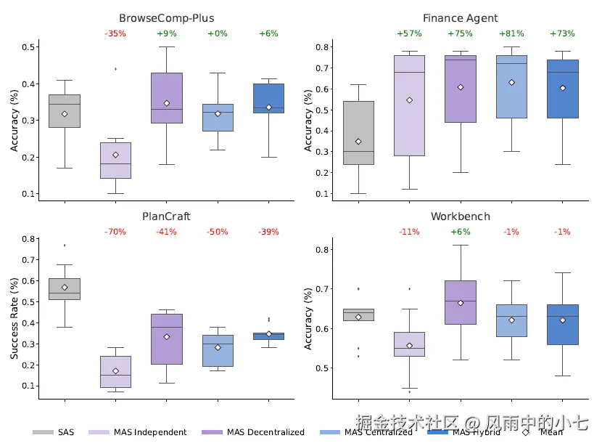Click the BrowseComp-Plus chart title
[166, 18]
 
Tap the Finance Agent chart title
[460, 18]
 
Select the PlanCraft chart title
[166, 216]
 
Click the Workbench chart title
[460, 216]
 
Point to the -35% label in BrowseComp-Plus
[115, 34]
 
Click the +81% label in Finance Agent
[511, 34]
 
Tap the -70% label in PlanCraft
[115, 232]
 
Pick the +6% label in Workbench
[460, 232]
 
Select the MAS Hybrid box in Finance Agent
[562, 89]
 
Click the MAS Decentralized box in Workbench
[460, 302]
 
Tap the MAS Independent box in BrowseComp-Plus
[115, 161]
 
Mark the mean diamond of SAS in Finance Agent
[358, 142]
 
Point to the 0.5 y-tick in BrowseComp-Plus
[30, 47]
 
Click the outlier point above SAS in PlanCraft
[65, 245]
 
